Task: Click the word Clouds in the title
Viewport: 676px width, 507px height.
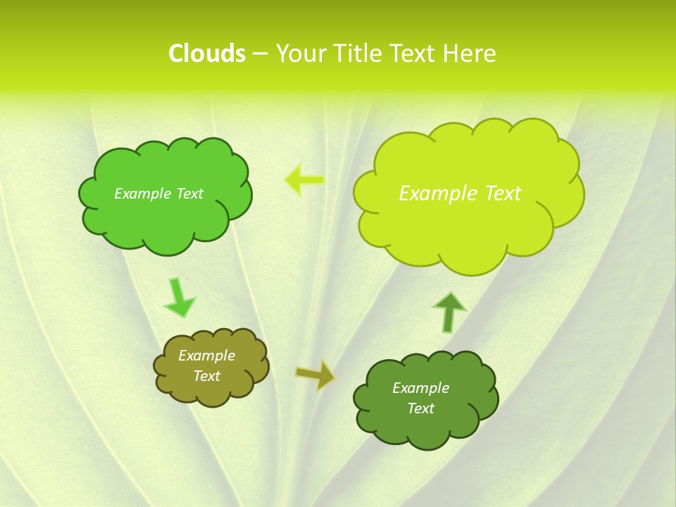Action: click(x=206, y=54)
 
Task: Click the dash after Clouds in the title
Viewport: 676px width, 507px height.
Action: click(x=260, y=54)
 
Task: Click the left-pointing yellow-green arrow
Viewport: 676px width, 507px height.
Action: click(x=304, y=180)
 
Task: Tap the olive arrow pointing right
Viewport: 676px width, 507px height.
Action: click(x=315, y=375)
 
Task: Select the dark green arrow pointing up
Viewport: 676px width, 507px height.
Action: click(x=449, y=312)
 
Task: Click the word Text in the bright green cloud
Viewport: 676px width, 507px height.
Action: click(x=189, y=194)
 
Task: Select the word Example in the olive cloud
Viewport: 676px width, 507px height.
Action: click(x=206, y=356)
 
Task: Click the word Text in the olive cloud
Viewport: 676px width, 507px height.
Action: click(x=206, y=376)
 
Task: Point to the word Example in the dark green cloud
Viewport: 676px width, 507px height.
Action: click(x=420, y=388)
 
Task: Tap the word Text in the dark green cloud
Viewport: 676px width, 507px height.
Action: click(x=420, y=408)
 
